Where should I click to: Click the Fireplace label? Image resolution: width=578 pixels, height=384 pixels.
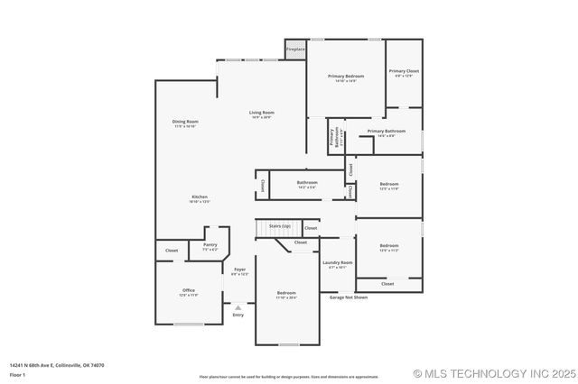pos(295,50)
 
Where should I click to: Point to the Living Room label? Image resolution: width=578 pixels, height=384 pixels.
pos(261,113)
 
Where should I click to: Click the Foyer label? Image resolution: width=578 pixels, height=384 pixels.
pos(239,270)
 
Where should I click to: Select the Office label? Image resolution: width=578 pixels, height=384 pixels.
pos(189,290)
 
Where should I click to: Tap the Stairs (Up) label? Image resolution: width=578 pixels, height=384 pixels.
pos(280,225)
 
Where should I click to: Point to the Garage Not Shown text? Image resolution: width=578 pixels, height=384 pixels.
pos(348,297)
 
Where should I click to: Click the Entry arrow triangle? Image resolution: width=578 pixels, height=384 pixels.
pos(238,307)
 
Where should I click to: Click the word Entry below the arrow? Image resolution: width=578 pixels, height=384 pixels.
pos(238,315)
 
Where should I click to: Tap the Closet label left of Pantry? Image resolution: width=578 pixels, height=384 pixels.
pos(172,250)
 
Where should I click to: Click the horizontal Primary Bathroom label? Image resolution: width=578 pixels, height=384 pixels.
pos(386,132)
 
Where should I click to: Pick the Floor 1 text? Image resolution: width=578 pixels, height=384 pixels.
pos(17,374)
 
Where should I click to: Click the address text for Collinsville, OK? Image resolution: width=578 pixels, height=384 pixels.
pos(57,365)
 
